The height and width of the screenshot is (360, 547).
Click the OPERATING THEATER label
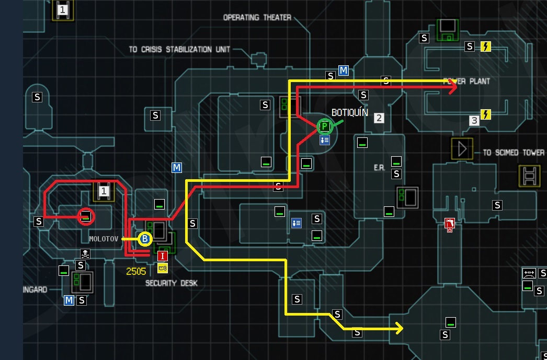click(x=257, y=17)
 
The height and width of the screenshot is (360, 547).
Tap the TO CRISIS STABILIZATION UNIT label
click(x=179, y=50)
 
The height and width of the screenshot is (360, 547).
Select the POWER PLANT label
click(x=466, y=82)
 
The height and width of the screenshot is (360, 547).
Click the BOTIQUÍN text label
click(x=350, y=112)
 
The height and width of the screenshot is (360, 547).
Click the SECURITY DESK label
click(x=172, y=283)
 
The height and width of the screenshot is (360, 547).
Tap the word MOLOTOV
click(x=105, y=239)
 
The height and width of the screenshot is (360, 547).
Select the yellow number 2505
click(x=136, y=271)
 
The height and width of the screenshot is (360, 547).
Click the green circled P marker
click(x=324, y=126)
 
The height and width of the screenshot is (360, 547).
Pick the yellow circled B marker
click(x=145, y=239)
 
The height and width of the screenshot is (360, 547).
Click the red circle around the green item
click(x=86, y=216)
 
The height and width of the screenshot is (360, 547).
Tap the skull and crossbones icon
click(x=85, y=254)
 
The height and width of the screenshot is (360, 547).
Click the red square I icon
click(x=163, y=256)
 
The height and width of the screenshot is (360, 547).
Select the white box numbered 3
click(x=474, y=121)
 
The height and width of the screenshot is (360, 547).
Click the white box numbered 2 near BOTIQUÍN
click(x=379, y=118)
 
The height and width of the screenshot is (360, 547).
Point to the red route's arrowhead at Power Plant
click(x=453, y=88)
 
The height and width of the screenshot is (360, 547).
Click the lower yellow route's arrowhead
click(x=400, y=329)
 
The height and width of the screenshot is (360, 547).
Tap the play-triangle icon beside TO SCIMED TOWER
click(x=462, y=149)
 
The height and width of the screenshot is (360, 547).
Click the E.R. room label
click(x=379, y=168)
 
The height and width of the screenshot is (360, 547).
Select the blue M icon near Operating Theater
click(x=344, y=71)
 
